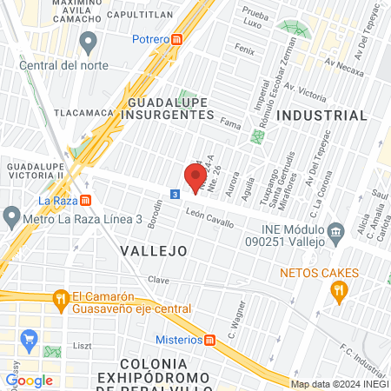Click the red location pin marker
(193, 174)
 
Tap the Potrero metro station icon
(177, 39)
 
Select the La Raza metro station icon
(85, 200)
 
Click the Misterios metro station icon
(209, 339)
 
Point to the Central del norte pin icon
(87, 41)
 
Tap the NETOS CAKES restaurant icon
(339, 293)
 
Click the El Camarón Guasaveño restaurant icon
(60, 301)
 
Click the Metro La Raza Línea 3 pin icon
(11, 215)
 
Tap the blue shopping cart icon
(29, 338)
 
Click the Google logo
(30, 380)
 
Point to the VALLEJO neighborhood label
(153, 250)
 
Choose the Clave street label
(158, 280)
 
